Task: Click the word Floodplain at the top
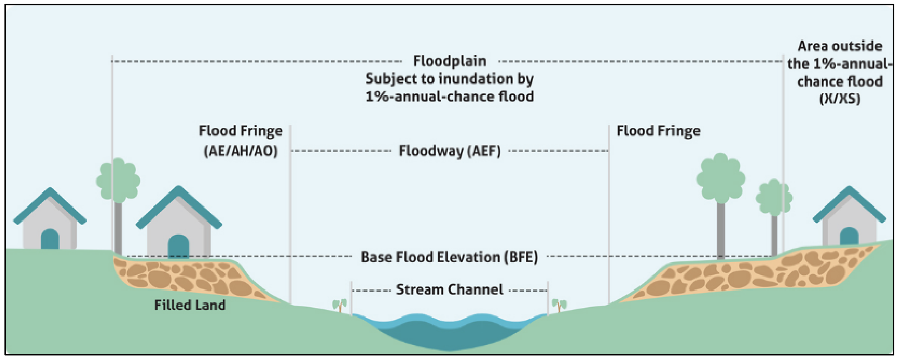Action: (449, 61)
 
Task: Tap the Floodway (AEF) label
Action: (449, 151)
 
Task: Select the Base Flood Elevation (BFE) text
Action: (449, 257)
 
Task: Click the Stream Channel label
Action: (449, 290)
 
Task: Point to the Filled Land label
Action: (190, 305)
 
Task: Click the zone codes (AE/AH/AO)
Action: (240, 151)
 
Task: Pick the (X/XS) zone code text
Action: (839, 99)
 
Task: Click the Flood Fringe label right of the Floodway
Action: (658, 131)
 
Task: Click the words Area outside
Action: (840, 46)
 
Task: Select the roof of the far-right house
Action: (849, 202)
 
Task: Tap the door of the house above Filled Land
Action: (178, 246)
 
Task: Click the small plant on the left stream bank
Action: (340, 304)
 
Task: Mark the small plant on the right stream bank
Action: (559, 304)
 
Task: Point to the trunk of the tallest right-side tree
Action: (721, 231)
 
